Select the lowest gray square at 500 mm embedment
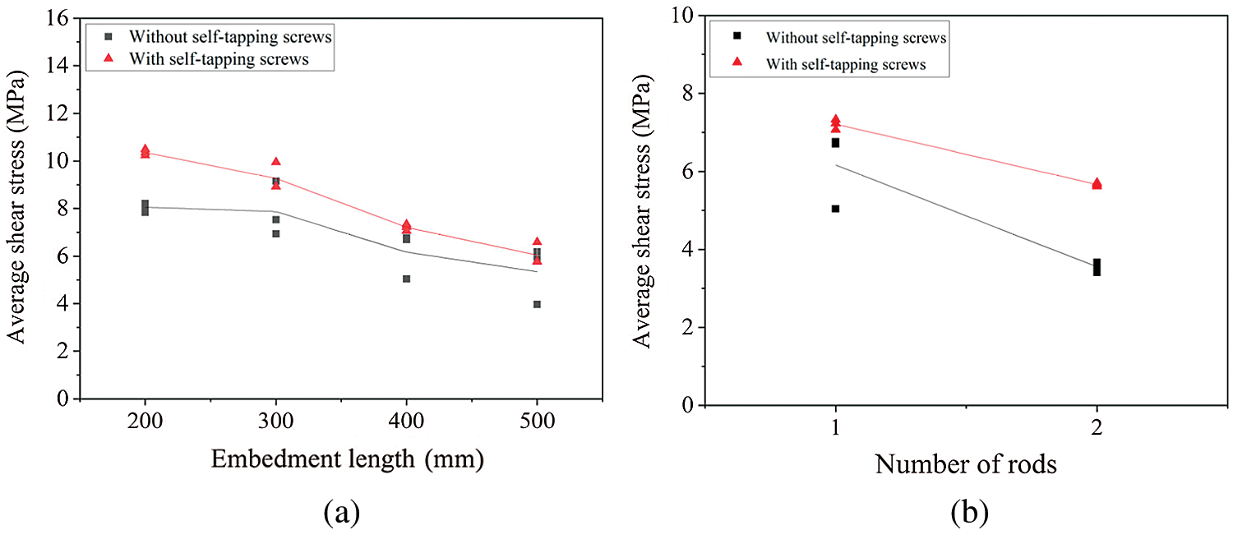[x=537, y=304]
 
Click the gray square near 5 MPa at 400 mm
[x=406, y=279]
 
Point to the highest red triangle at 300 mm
[x=276, y=162]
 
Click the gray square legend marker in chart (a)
[x=109, y=37]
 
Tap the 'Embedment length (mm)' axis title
[x=348, y=459]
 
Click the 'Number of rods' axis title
[x=965, y=464]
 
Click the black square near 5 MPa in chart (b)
[x=835, y=209]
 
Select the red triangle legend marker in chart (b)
[x=737, y=62]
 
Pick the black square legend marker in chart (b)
[x=737, y=36]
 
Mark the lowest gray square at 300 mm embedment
[x=276, y=233]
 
